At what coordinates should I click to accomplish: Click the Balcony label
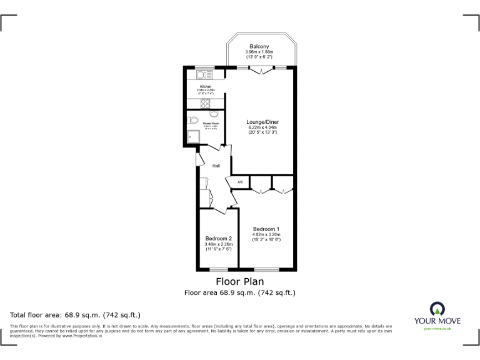259,47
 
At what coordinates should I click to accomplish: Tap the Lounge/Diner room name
262,122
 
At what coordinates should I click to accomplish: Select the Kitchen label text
205,86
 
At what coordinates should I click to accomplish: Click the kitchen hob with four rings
205,102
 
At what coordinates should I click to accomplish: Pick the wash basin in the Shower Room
214,114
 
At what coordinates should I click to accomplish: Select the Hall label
216,166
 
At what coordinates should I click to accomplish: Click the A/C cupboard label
240,182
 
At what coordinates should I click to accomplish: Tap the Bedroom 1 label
266,229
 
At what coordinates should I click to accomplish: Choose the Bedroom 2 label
218,238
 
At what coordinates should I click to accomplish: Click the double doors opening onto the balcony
260,70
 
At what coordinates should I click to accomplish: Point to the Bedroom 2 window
219,269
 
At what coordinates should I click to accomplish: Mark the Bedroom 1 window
266,269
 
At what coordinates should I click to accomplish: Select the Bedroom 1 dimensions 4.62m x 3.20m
266,234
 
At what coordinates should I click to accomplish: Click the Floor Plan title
239,281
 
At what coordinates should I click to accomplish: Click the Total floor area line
76,314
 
